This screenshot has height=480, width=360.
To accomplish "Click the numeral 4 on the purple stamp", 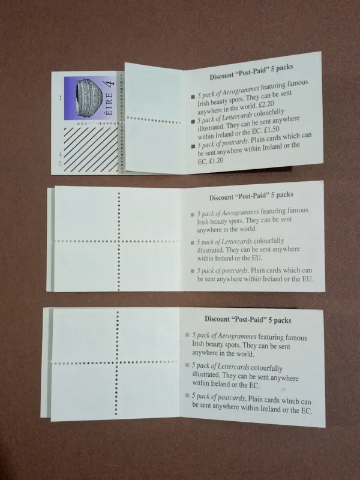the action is pyautogui.click(x=110, y=83).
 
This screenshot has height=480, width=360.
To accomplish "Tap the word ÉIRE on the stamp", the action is pyautogui.click(x=109, y=104).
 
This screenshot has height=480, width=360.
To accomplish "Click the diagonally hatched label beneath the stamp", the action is pyautogui.click(x=91, y=149).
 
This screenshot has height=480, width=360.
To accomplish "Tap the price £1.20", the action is pyautogui.click(x=215, y=160).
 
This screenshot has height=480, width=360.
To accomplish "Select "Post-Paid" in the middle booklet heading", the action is pyautogui.click(x=251, y=196).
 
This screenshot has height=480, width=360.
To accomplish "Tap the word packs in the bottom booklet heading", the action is pyautogui.click(x=283, y=320).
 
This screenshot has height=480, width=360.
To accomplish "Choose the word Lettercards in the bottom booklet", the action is pyautogui.click(x=233, y=367).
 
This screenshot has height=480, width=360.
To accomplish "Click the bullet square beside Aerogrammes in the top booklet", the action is pyautogui.click(x=193, y=97).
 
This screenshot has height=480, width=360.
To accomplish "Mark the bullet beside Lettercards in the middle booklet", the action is pyautogui.click(x=192, y=243).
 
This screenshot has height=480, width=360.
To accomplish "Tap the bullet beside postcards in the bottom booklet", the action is pyautogui.click(x=187, y=395).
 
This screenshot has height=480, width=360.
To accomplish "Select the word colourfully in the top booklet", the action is pyautogui.click(x=269, y=113).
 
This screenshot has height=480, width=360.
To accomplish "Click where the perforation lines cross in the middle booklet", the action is pyautogui.click(x=119, y=241).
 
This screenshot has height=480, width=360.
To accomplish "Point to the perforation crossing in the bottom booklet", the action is pyautogui.click(x=116, y=363).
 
